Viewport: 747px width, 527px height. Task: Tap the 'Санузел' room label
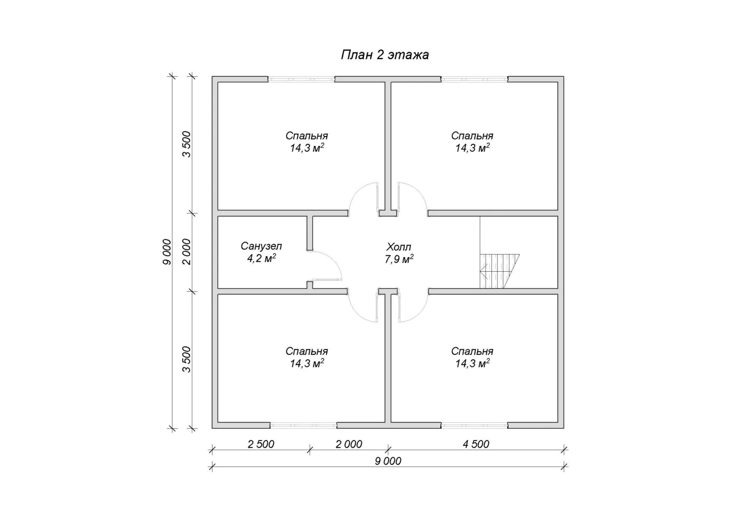click(x=261, y=246)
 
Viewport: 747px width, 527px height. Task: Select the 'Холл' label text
click(x=398, y=247)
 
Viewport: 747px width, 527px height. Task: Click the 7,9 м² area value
click(x=399, y=259)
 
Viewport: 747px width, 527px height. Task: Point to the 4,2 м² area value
click(x=261, y=258)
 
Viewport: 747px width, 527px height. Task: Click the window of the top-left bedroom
click(x=301, y=80)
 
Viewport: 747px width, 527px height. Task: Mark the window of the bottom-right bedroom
click(x=474, y=425)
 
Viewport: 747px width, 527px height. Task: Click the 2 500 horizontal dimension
click(x=261, y=444)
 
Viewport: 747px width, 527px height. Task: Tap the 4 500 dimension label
click(x=476, y=444)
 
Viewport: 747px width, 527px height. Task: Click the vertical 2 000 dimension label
click(x=187, y=252)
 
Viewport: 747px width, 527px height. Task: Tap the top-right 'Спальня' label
click(x=472, y=136)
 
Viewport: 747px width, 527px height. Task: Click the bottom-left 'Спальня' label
click(x=307, y=351)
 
